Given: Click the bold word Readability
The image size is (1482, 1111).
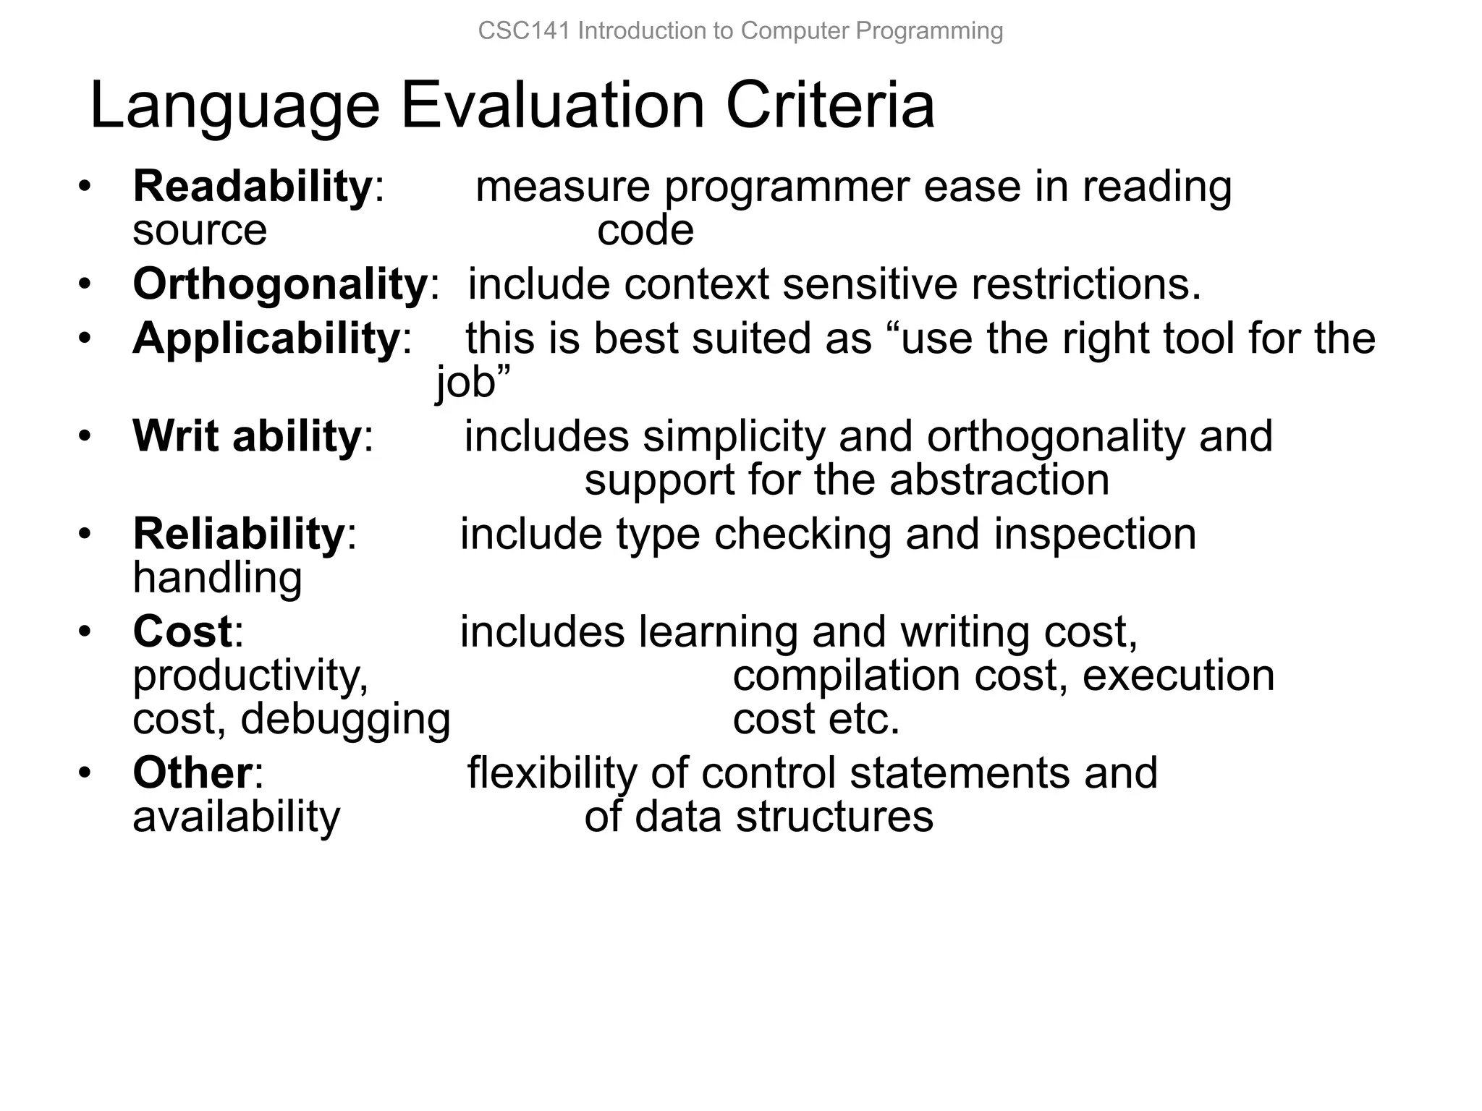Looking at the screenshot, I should [252, 187].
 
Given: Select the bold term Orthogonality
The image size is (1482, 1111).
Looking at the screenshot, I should [280, 284].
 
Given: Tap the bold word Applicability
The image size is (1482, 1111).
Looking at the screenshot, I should [266, 338].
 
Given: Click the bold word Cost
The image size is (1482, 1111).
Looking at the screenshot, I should [182, 631].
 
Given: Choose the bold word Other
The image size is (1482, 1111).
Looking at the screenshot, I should [192, 772].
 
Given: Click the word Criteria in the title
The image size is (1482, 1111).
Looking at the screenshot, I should [830, 106].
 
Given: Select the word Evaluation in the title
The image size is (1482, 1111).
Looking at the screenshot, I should [552, 106].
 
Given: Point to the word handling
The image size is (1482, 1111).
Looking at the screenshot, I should [217, 578].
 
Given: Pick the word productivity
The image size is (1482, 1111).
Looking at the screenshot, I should [250, 676].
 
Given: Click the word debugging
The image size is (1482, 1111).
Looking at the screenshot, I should [345, 720].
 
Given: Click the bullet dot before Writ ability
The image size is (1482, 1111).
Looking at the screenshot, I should [85, 437].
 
